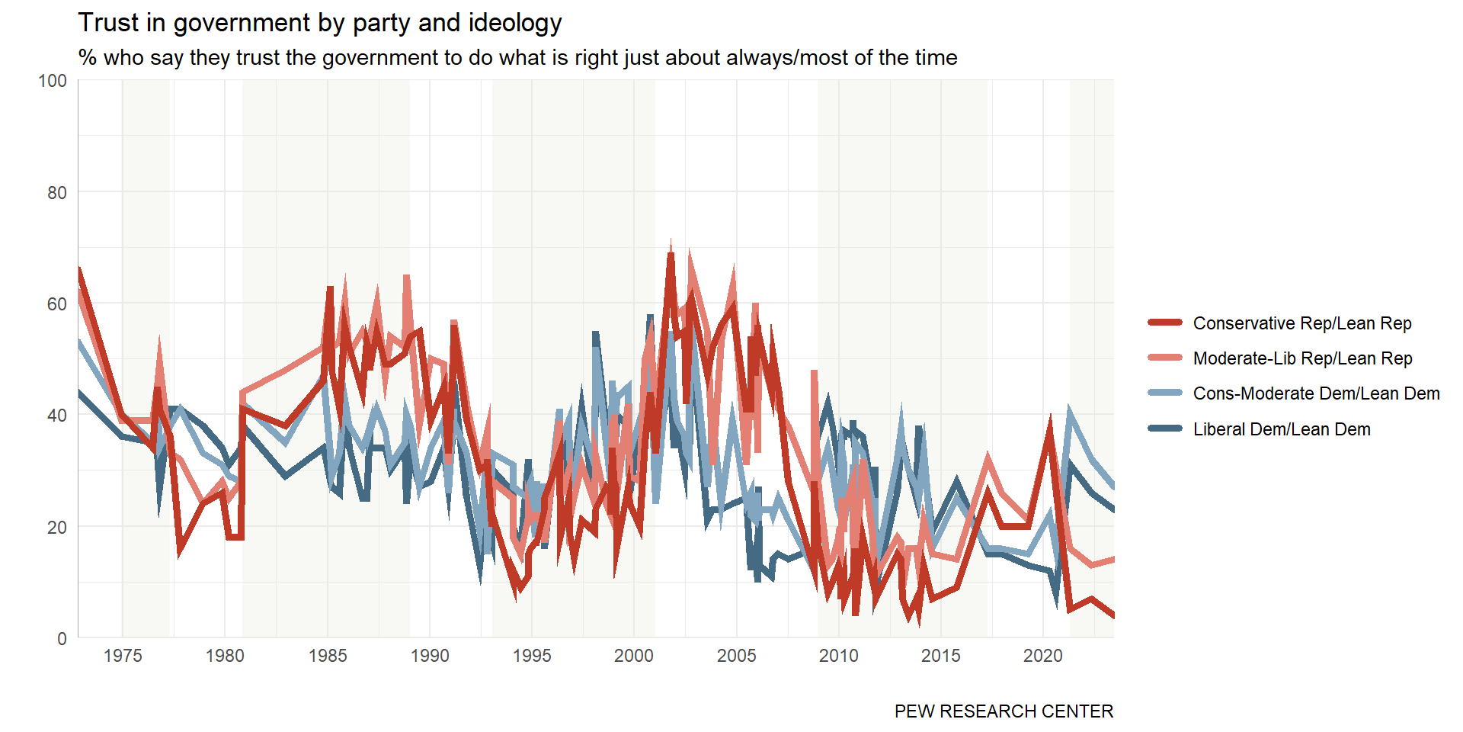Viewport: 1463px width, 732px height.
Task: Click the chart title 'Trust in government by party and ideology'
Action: [x=319, y=23]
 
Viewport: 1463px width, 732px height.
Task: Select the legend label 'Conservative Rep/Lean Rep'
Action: [x=1301, y=323]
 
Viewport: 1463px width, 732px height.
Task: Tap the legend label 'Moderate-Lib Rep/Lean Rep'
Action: [x=1302, y=358]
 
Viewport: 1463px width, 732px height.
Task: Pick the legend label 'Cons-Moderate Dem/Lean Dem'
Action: [x=1316, y=393]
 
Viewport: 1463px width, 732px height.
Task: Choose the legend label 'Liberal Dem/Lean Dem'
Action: [x=1281, y=429]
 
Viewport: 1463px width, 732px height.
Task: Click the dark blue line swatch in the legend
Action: [x=1164, y=429]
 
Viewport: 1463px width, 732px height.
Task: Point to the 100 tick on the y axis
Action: [x=53, y=81]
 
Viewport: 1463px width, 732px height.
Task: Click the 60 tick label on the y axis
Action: [x=57, y=304]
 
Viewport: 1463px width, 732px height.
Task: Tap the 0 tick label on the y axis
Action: [x=62, y=639]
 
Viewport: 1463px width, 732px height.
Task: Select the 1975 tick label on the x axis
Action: [x=123, y=656]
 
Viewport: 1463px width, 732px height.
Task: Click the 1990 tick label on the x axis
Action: [x=430, y=656]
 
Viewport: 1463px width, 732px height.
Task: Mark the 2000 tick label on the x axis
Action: [x=634, y=656]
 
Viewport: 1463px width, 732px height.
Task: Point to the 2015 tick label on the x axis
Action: [x=941, y=656]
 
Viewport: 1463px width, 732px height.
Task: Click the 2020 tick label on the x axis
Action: [x=1043, y=656]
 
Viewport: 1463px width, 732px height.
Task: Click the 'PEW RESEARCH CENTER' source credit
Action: [x=1004, y=711]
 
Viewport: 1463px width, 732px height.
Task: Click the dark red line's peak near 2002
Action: [x=671, y=255]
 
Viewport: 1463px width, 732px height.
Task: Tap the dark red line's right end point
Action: [x=1112, y=615]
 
